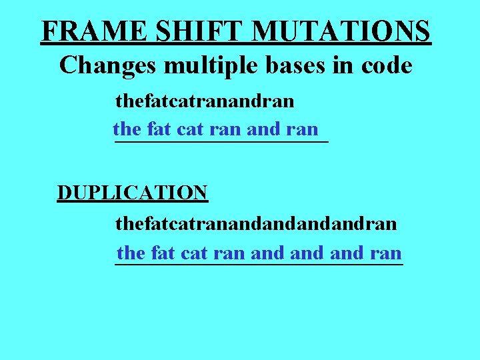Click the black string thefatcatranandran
(x=205, y=101)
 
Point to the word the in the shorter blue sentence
(x=127, y=129)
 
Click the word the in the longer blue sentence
(x=131, y=253)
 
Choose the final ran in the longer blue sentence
(x=384, y=253)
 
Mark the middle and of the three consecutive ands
(x=307, y=253)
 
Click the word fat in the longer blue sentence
(x=164, y=253)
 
